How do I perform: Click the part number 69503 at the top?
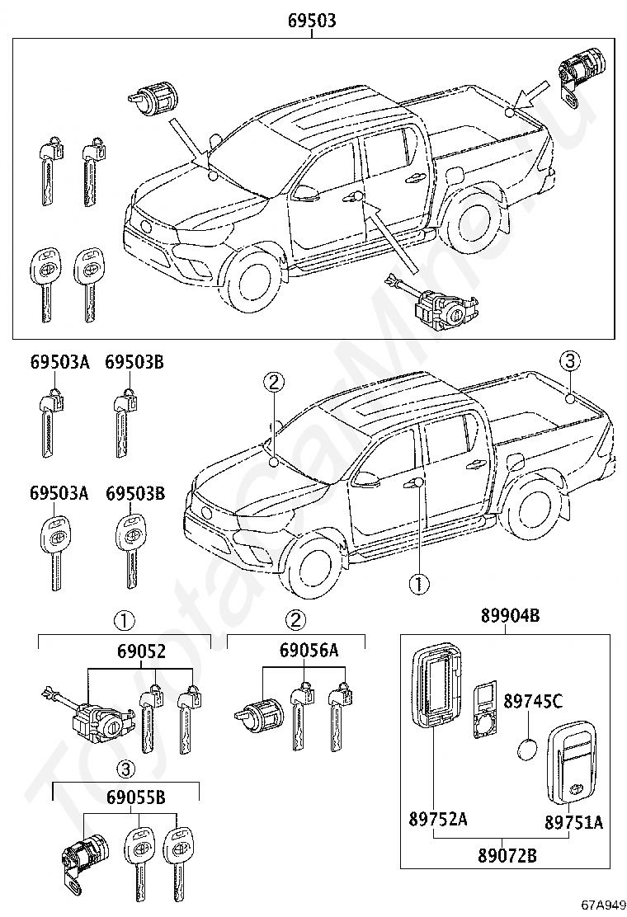click(312, 21)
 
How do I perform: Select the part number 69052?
click(140, 651)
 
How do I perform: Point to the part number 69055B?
click(136, 797)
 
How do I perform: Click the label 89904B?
click(510, 615)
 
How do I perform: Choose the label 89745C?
click(533, 701)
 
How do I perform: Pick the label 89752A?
click(438, 820)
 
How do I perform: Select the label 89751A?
click(573, 822)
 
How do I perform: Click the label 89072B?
click(507, 856)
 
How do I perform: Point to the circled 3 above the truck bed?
click(570, 361)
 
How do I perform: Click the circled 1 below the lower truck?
click(419, 583)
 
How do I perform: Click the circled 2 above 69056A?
click(295, 619)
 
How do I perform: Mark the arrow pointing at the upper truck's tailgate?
click(531, 96)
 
